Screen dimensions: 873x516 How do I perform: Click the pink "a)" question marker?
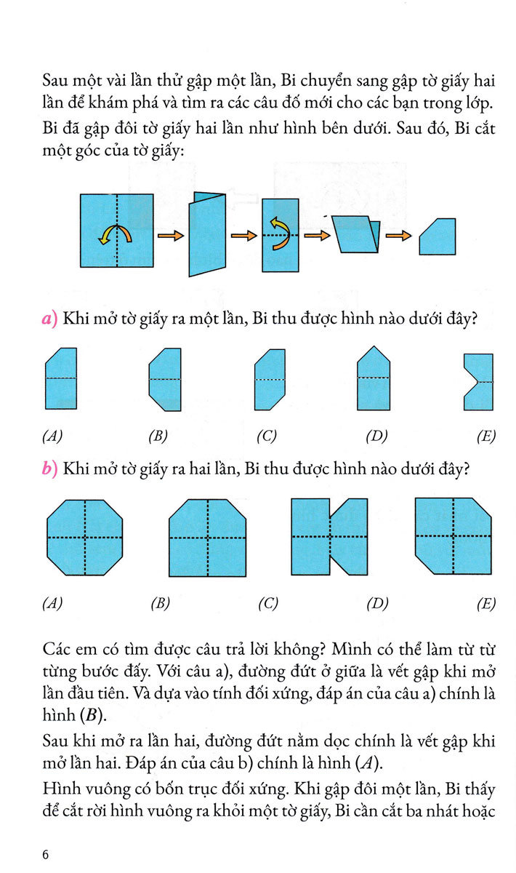[49, 318]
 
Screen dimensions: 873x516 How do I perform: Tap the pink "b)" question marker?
[49, 470]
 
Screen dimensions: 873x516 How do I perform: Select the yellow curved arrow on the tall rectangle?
[279, 234]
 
